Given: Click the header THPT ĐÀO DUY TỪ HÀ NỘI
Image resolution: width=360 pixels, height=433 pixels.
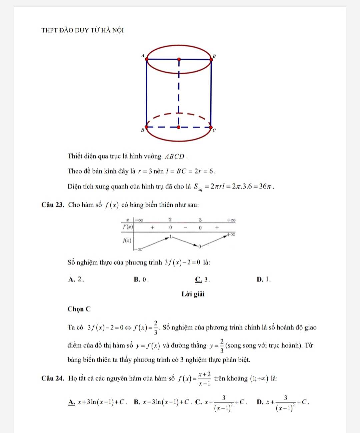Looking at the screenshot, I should [82, 30].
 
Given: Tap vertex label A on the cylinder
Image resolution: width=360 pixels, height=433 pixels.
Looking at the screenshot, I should [143, 55].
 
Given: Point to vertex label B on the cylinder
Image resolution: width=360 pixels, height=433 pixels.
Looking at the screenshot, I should [214, 56].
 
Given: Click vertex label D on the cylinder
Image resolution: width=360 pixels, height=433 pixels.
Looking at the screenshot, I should [142, 130].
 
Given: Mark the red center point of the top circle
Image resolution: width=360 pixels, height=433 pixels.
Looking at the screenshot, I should [179, 60].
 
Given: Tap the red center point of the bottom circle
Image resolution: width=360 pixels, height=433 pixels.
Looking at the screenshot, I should [179, 127].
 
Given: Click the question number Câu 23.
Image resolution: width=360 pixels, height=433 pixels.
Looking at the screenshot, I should [53, 205].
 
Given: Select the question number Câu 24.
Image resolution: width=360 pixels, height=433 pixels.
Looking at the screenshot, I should [53, 378].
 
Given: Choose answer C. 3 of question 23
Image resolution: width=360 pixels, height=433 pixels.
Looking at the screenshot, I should [202, 279].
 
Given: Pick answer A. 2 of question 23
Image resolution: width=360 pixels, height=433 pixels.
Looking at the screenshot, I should [76, 279].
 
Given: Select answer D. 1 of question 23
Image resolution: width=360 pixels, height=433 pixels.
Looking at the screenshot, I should [264, 279].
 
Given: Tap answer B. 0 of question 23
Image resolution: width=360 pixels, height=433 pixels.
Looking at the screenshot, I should [141, 279].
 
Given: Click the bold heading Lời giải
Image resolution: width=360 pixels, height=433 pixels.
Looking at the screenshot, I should [193, 294].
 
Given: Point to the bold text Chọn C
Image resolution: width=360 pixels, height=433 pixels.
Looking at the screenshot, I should [79, 309].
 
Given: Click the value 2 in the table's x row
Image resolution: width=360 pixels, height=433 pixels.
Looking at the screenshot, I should [170, 220].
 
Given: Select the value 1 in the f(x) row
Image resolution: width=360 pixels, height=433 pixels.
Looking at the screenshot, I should [170, 236].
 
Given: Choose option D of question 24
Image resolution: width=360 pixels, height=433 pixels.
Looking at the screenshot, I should [283, 402].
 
